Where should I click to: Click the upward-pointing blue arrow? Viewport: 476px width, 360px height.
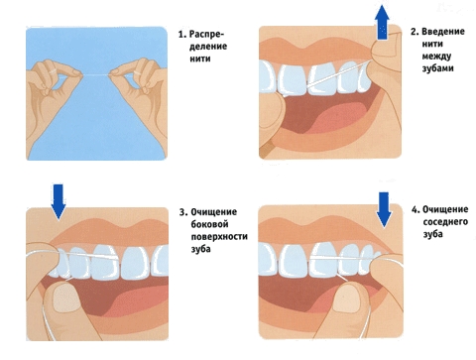coord(382,23)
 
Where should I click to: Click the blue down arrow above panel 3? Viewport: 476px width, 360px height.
coord(59,201)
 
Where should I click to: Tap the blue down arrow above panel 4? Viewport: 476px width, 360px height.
coord(384,209)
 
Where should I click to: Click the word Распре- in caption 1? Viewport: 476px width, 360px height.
coord(207,35)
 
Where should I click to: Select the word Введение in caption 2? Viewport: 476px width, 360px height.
coord(443,32)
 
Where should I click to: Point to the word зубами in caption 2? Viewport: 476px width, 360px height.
coord(437,68)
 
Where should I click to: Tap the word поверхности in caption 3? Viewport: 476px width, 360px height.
coord(219,237)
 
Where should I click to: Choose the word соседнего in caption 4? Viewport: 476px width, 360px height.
coord(445,222)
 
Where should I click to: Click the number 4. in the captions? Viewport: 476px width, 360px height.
coord(416,209)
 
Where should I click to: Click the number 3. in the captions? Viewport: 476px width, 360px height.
coord(183,212)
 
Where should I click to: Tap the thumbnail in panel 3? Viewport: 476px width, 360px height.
coord(66,298)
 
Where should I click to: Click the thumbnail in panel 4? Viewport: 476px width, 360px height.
coord(347,299)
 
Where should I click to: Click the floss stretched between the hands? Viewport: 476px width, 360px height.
coord(96,75)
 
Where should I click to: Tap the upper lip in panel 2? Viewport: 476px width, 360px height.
coord(317,47)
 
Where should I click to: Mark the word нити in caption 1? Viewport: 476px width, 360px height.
coord(200,59)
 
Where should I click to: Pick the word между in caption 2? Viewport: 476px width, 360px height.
coord(436,57)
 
